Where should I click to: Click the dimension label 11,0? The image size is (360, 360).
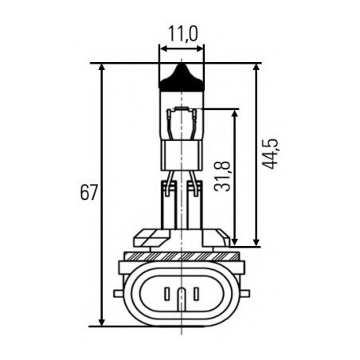point(182,34)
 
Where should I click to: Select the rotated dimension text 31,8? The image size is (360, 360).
point(222,176)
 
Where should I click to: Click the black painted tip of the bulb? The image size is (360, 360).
point(182,78)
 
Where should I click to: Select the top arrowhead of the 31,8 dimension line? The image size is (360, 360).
point(235,114)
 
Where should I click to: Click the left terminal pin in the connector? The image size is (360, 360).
point(166,294)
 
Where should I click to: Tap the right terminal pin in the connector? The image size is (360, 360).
point(198,294)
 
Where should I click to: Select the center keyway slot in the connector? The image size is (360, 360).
point(182,298)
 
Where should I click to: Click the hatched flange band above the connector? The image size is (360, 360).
point(182,256)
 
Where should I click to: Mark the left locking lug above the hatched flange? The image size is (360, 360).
point(152,237)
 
